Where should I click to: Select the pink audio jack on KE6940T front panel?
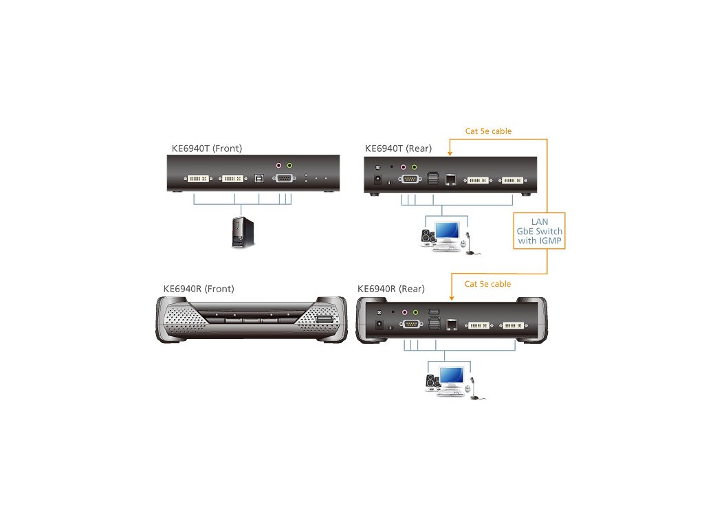(278, 166)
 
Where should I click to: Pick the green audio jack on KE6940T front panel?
(289, 166)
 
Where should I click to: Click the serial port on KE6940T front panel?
(283, 179)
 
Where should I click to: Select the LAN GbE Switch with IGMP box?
(539, 231)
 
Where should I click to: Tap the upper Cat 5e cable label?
(488, 131)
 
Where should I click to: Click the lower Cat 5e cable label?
(488, 284)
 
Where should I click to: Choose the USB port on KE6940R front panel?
(325, 320)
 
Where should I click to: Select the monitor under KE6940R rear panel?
(451, 377)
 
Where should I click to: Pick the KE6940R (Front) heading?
(196, 289)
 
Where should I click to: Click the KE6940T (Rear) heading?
(397, 148)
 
